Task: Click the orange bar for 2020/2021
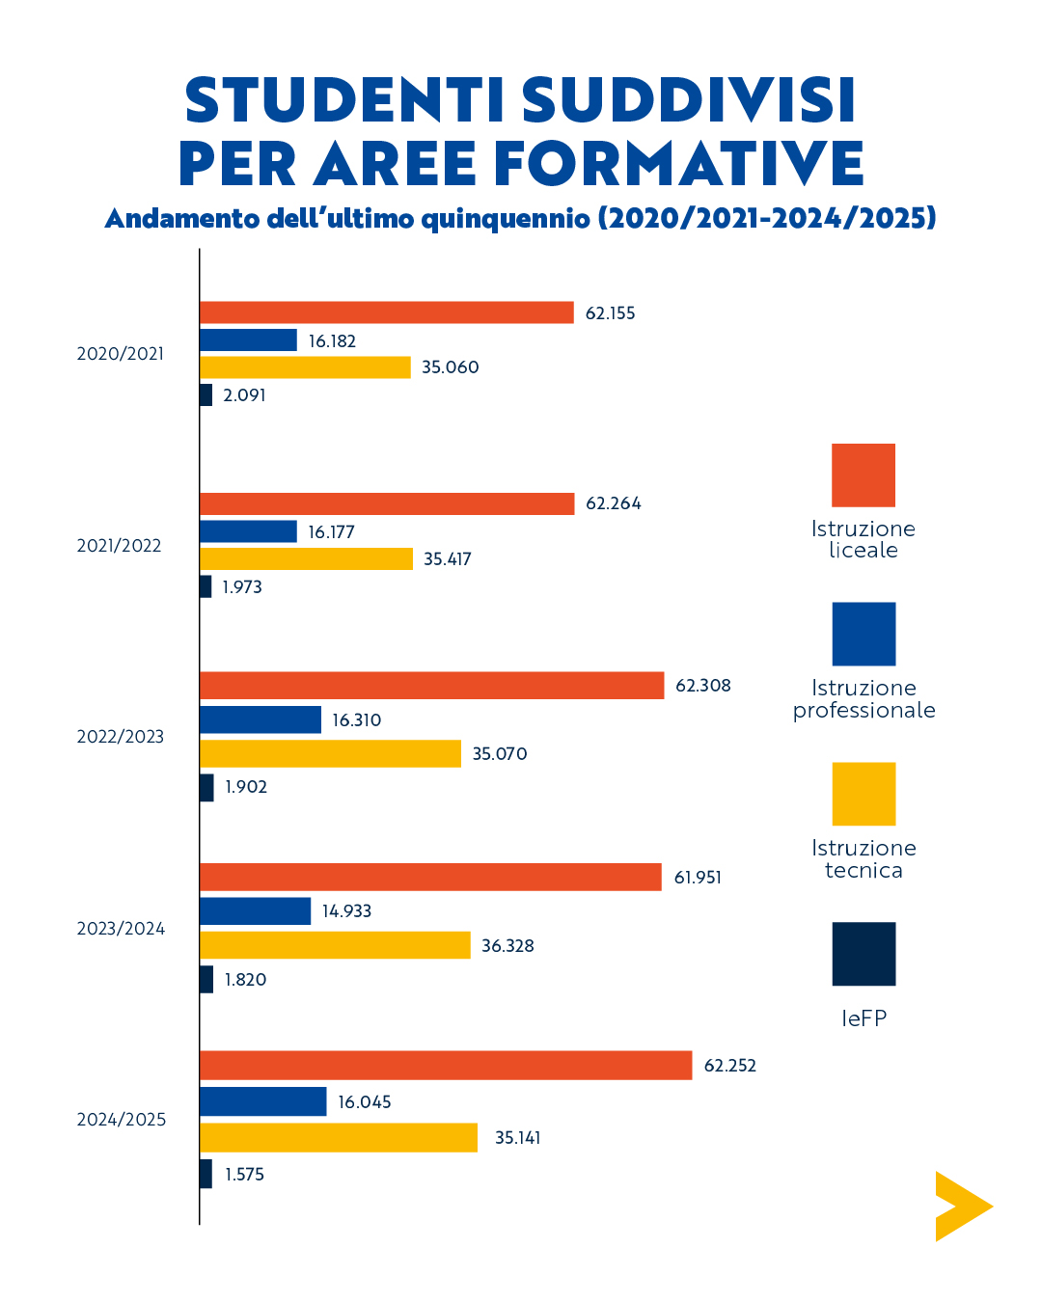tap(386, 312)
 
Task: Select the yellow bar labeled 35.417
tap(306, 558)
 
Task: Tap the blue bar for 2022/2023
tap(260, 719)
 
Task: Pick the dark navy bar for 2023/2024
tap(206, 979)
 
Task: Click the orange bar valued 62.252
tap(446, 1065)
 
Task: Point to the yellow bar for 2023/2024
tap(335, 945)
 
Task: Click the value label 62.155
tap(610, 313)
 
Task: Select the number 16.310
tap(357, 720)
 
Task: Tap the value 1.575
tap(244, 1175)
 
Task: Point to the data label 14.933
tap(346, 911)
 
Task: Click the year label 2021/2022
tap(120, 546)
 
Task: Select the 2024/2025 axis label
tap(122, 1120)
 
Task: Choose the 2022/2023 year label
tap(121, 737)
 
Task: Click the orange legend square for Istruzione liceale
tap(864, 475)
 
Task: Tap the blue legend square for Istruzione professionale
tap(864, 634)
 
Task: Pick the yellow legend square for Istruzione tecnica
tap(864, 794)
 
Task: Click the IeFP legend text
tap(864, 1018)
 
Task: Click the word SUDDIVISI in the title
tap(688, 100)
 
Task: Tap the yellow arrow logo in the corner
tap(959, 1207)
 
